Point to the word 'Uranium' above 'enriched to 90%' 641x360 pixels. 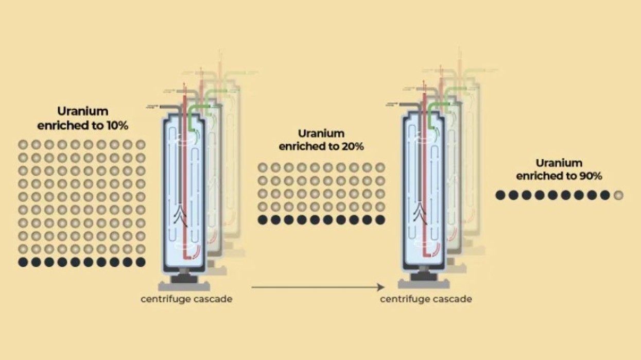(559, 163)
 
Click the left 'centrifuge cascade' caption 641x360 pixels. (186, 299)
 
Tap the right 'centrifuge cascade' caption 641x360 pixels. (426, 299)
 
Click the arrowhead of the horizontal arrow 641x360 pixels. (382, 287)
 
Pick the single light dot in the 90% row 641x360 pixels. (618, 195)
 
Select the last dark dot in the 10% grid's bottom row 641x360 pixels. (141, 262)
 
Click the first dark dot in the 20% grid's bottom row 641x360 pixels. (263, 220)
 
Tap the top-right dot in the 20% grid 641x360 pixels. (380, 167)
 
